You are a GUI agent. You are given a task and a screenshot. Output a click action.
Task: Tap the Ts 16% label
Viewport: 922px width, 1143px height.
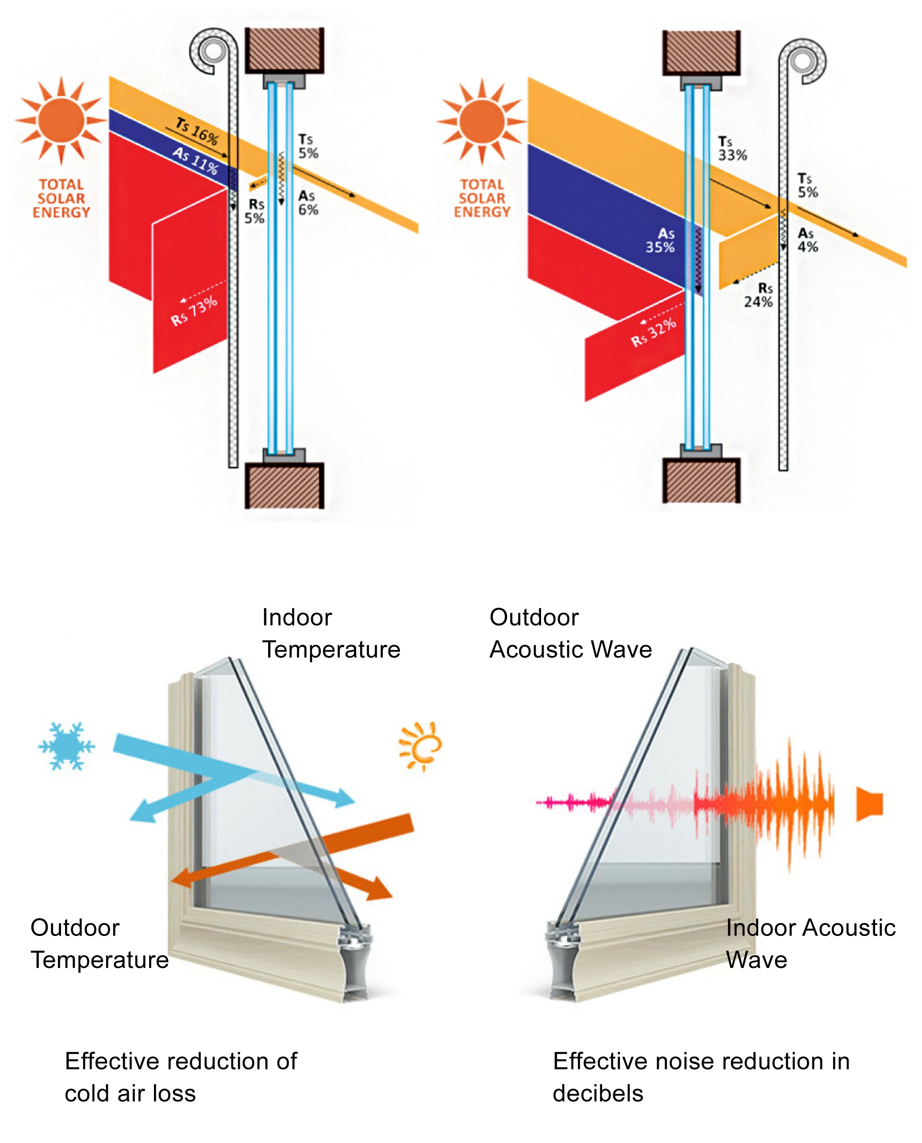coord(197,131)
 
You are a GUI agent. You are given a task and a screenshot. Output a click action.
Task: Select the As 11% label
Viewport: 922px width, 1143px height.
coord(196,161)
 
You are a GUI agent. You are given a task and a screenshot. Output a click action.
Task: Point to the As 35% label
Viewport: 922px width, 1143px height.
coord(660,241)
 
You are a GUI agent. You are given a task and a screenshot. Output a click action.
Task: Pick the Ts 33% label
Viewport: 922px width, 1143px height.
coord(732,149)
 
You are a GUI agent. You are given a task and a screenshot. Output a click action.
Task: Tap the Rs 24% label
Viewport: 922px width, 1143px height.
coord(758,295)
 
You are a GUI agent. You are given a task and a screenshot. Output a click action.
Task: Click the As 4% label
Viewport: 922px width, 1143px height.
coord(807,240)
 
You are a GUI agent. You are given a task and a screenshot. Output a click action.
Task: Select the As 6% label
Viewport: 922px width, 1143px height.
coord(307,203)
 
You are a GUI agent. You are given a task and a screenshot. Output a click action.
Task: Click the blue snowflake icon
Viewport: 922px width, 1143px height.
coord(66,745)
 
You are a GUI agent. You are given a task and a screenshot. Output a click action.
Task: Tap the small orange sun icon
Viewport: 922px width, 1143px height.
coord(421,745)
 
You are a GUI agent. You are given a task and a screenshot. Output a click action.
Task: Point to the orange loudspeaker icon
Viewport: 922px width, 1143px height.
coord(869,804)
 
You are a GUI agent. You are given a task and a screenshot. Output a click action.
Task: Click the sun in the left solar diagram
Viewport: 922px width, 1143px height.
coord(61,120)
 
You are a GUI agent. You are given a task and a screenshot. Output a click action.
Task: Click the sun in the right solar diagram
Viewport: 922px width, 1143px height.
coord(482,121)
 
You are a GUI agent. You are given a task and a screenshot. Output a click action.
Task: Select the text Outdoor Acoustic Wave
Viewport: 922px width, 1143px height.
coord(570,633)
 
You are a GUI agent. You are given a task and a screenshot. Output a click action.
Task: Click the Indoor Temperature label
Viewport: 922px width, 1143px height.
coord(331,633)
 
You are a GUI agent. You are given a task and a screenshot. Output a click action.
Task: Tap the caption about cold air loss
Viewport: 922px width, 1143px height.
coord(181,1077)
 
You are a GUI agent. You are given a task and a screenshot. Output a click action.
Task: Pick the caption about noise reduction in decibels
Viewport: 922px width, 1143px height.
coord(701,1077)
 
